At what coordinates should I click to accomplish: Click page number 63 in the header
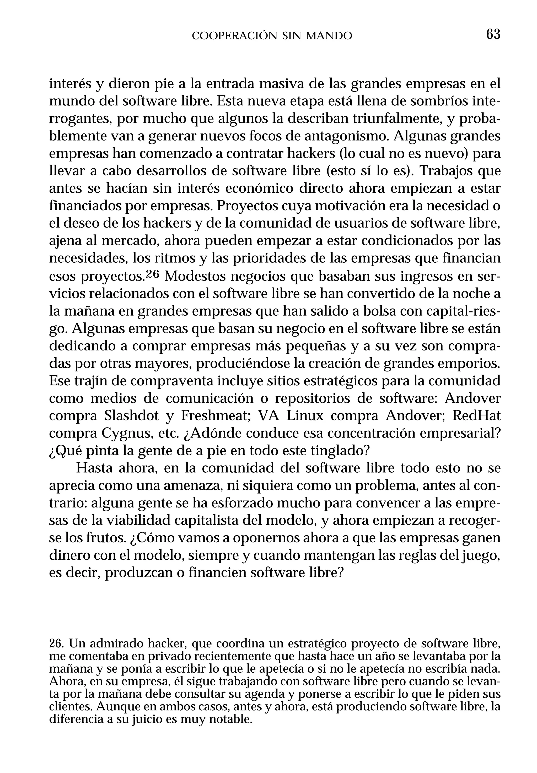pos(493,34)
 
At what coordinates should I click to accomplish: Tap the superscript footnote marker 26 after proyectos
pos(153,274)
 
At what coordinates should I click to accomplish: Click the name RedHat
pos(476,416)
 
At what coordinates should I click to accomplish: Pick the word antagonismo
pos(346,136)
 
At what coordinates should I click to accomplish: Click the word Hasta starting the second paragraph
pos(93,469)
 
